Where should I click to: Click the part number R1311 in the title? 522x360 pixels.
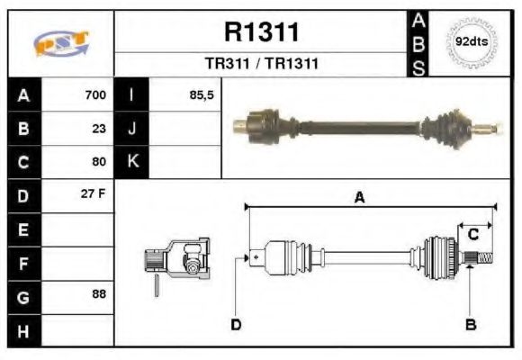pyautogui.click(x=260, y=32)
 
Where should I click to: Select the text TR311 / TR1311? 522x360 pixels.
pyautogui.click(x=260, y=64)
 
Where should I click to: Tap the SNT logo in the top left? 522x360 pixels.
pyautogui.click(x=60, y=43)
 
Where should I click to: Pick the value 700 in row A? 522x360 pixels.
pyautogui.click(x=94, y=94)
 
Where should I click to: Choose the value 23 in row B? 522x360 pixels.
pyautogui.click(x=99, y=128)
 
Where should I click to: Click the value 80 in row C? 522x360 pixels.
pyautogui.click(x=99, y=162)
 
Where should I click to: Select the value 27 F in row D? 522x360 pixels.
pyautogui.click(x=94, y=195)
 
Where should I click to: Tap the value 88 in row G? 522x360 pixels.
pyautogui.click(x=99, y=295)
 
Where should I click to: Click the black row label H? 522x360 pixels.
pyautogui.click(x=24, y=329)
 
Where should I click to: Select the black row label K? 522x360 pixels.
pyautogui.click(x=132, y=162)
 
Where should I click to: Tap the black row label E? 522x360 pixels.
pyautogui.click(x=24, y=229)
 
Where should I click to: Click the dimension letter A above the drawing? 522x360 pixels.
pyautogui.click(x=359, y=199)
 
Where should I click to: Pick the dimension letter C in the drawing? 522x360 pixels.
pyautogui.click(x=472, y=234)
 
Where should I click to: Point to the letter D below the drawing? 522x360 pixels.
pyautogui.click(x=236, y=324)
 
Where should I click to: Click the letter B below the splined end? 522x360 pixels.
pyautogui.click(x=470, y=324)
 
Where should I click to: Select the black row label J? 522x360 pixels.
pyautogui.click(x=132, y=128)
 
